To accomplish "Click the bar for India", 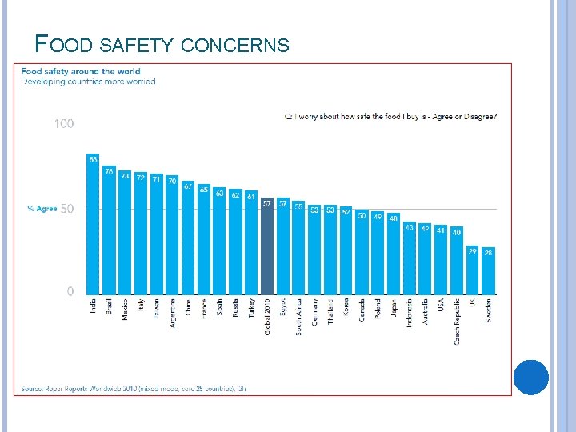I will pos(93,228).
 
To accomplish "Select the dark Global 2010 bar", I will pos(267,248).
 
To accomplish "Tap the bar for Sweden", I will pos(488,272).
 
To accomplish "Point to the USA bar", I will pos(441,260).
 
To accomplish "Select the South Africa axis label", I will pos(298,316).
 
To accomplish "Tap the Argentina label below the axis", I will pos(172,313).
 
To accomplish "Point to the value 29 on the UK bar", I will pos(472,251).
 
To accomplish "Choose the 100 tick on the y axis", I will pos(64,124).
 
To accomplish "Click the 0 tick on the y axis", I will pos(70,292).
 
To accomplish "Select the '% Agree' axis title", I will pos(42,209).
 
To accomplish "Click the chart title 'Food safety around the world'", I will pos(81,71).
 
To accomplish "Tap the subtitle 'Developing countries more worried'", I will pos(89,82).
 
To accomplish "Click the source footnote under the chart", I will pos(134,388).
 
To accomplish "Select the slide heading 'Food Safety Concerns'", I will pos(162,45).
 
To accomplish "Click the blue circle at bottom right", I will pos(530,377).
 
